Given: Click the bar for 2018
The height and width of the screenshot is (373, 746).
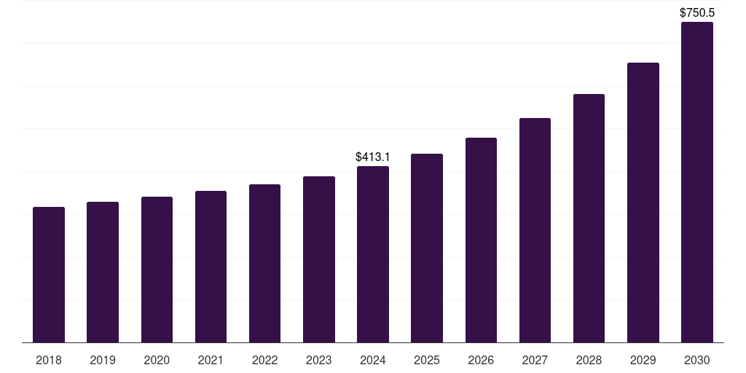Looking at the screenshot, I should tap(49, 275).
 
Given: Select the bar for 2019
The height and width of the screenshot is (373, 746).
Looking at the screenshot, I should tap(103, 272).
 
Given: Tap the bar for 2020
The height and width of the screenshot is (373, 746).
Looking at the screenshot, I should tap(157, 270).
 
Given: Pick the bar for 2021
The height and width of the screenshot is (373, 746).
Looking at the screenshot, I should tap(211, 267).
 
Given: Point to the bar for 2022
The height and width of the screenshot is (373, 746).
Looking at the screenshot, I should tap(264, 263).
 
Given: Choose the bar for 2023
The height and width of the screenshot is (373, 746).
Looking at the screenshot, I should tap(319, 259).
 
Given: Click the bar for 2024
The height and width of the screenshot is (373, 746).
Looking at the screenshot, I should tap(373, 254).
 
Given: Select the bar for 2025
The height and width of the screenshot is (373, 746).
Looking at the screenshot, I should tap(427, 248).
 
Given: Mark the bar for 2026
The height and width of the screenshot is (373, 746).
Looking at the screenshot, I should tap(481, 240).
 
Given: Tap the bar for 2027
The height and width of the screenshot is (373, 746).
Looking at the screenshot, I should tap(535, 230).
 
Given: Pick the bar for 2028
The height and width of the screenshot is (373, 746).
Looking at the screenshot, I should tap(589, 218).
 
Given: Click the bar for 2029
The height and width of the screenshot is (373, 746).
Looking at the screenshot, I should tap(643, 203).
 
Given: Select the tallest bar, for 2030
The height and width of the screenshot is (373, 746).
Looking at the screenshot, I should tap(697, 182).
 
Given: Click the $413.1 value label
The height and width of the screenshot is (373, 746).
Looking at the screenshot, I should tap(373, 157).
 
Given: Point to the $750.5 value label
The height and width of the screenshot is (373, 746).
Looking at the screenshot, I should tap(697, 12).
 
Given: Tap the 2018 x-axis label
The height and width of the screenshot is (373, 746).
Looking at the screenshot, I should tap(49, 361).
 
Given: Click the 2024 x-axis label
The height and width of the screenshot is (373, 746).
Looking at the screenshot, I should tap(373, 361).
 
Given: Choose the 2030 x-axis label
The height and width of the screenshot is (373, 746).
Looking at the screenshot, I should tap(697, 361).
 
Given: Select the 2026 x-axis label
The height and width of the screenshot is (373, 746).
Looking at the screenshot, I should tap(481, 361).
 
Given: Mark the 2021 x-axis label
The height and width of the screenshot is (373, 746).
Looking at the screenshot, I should tap(211, 361).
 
